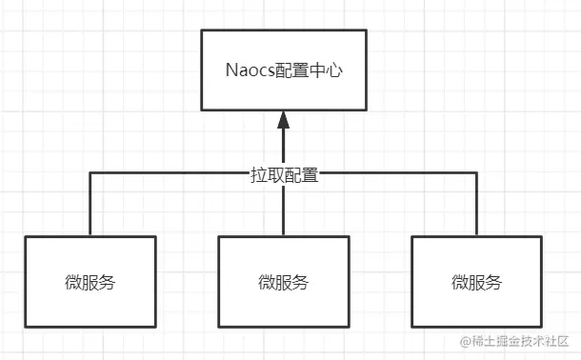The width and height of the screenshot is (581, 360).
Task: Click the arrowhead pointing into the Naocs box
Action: (x=283, y=120)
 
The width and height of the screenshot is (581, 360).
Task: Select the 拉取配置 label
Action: (x=284, y=175)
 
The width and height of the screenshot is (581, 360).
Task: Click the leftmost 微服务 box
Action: (x=89, y=282)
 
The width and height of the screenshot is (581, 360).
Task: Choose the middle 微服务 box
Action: (x=283, y=282)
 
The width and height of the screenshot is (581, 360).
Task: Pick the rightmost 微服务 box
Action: (x=476, y=282)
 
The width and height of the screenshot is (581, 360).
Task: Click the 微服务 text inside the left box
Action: (x=89, y=282)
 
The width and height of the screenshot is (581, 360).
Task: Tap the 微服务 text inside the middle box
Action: (x=283, y=282)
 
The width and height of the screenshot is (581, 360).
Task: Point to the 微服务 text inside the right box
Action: (x=476, y=282)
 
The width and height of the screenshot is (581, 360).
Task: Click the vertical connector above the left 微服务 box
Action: (x=90, y=204)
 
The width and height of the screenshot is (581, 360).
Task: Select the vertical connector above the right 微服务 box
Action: (x=476, y=204)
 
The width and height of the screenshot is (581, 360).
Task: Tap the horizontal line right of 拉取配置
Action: (x=400, y=173)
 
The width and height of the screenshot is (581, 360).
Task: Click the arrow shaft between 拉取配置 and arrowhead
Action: (x=283, y=148)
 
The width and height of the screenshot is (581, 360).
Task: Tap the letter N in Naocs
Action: (x=231, y=70)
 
